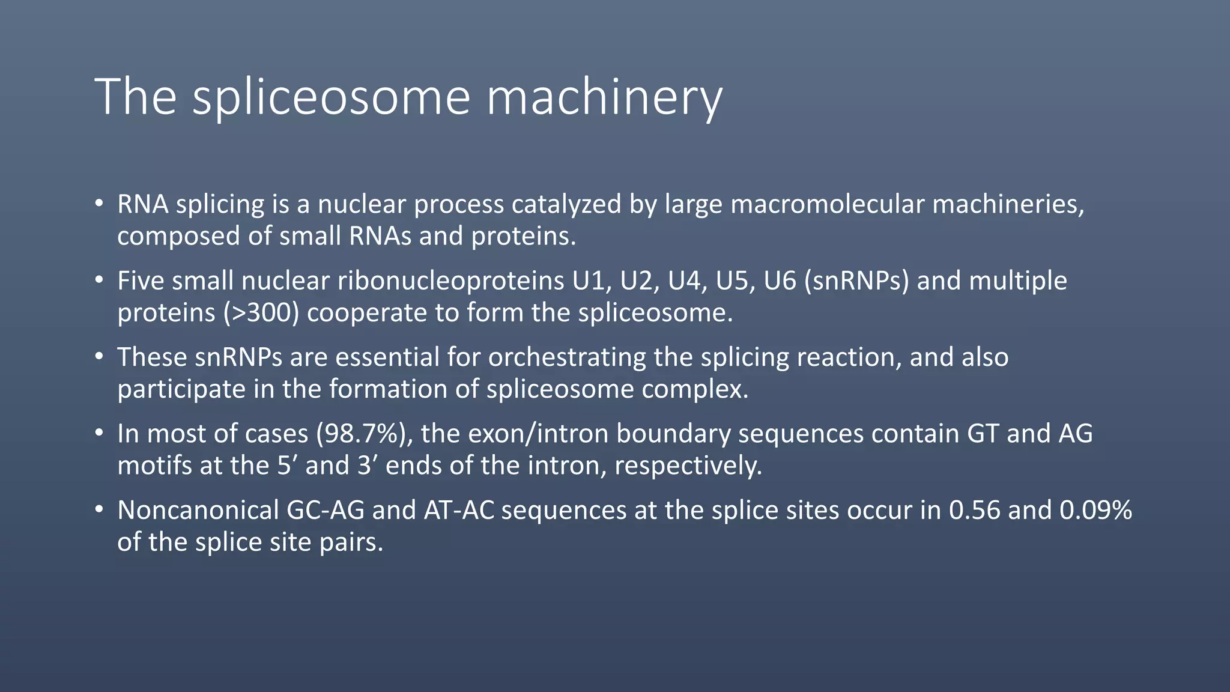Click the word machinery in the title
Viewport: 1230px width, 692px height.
click(x=604, y=97)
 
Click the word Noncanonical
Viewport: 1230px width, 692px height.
click(x=198, y=510)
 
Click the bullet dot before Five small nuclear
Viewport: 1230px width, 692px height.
click(x=100, y=281)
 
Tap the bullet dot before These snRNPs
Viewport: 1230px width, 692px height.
click(x=100, y=357)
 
